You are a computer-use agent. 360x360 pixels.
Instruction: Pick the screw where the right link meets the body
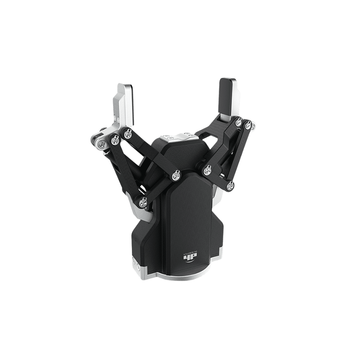click(x=207, y=170)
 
